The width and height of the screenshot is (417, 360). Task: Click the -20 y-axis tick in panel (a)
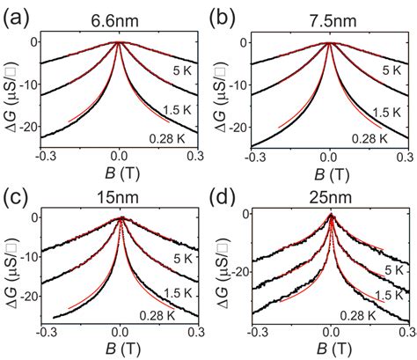[x=34, y=127]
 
